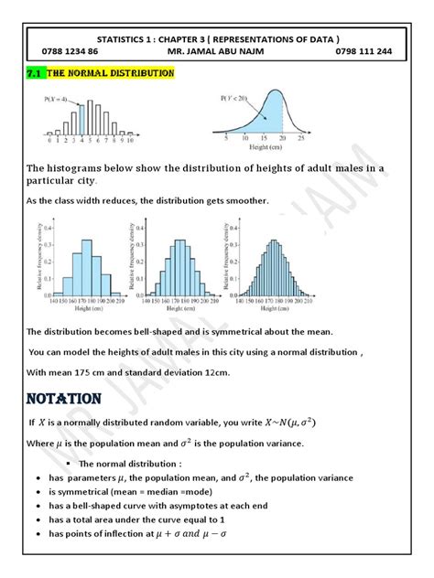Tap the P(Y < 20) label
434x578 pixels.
click(x=236, y=98)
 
